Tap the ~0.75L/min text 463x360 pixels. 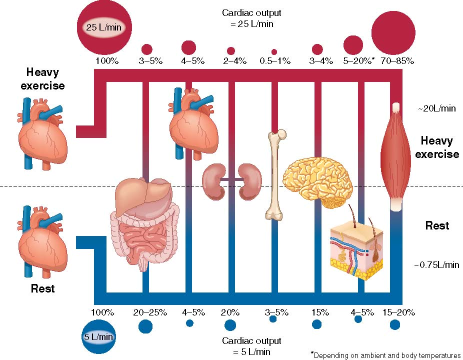point(436,265)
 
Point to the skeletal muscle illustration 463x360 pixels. point(396,155)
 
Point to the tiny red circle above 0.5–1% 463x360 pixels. point(274,51)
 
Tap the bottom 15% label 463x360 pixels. point(317,312)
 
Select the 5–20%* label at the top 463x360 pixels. point(356,61)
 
